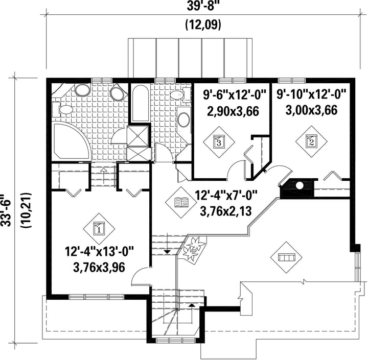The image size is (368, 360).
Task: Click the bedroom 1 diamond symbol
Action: coord(99,228)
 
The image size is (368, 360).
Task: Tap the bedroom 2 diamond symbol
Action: coord(311,141)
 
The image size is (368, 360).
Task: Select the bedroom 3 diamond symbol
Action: coord(219,142)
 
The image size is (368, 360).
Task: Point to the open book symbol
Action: coord(181,202)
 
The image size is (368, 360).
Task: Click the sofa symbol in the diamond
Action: coord(286,257)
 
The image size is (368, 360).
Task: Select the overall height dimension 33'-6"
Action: coord(6,210)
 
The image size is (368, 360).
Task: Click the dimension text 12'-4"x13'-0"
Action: coord(99,252)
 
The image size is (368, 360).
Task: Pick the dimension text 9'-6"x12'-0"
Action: coord(235,95)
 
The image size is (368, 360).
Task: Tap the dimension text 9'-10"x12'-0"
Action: coord(311,94)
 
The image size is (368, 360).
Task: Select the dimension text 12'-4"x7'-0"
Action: coord(226,195)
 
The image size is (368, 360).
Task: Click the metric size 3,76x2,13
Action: coord(226,211)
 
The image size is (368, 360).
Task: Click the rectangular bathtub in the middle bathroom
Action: coord(140,103)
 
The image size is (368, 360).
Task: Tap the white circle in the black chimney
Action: coord(300,185)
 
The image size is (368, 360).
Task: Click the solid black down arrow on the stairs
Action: coord(167,252)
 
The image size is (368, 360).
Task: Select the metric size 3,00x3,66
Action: coord(311,110)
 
